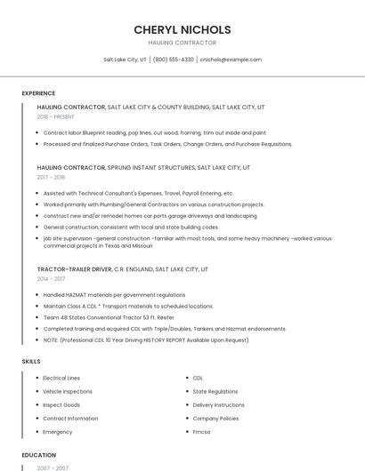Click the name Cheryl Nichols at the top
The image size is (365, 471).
tap(182, 29)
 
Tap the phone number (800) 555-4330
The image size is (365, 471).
tap(173, 60)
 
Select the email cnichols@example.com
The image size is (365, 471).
tap(231, 60)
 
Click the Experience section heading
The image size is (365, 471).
tap(38, 93)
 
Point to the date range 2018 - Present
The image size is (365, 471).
tap(55, 116)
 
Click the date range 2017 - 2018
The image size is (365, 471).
tap(51, 177)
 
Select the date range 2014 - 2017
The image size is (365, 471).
tap(51, 278)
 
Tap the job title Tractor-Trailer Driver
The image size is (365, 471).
tap(75, 268)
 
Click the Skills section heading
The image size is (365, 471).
tap(31, 362)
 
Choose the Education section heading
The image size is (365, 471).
tap(39, 455)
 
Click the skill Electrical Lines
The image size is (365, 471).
tap(61, 378)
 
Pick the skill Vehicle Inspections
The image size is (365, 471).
tap(68, 391)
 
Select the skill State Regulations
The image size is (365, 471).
tap(215, 391)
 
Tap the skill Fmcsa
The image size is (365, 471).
tap(202, 432)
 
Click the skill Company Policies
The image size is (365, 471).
tap(215, 418)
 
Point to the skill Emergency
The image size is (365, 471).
tap(58, 432)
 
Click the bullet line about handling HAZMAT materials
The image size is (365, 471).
tap(114, 294)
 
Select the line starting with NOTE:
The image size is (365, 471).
tap(146, 339)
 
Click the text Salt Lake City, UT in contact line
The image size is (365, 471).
tap(126, 60)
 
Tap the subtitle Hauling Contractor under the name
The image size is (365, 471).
tap(182, 43)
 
